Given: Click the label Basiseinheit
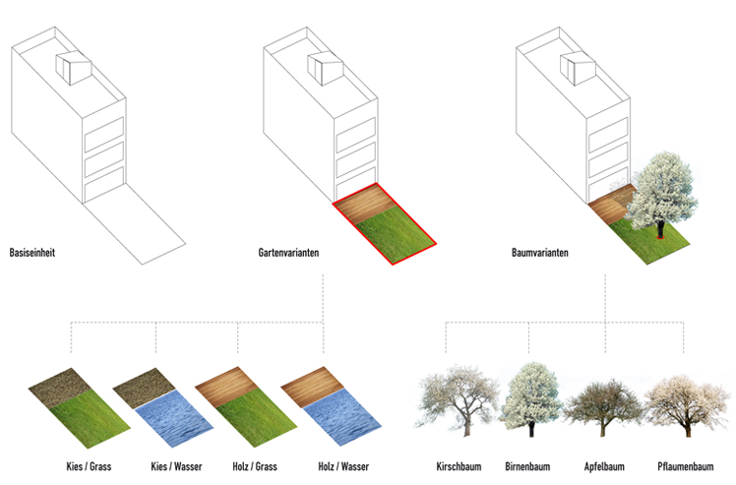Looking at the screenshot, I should (31, 252).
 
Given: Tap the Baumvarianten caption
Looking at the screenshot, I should (538, 253).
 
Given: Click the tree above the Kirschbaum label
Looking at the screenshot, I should (458, 398).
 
